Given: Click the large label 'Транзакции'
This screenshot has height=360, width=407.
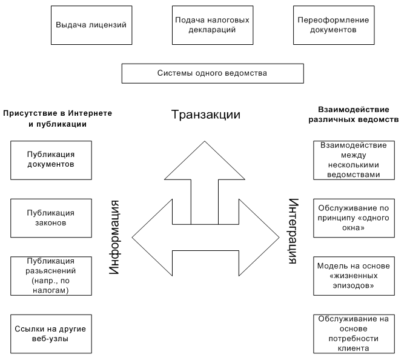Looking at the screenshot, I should (x=206, y=115).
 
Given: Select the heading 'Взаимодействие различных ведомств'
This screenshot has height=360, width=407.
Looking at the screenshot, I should (x=358, y=115).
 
